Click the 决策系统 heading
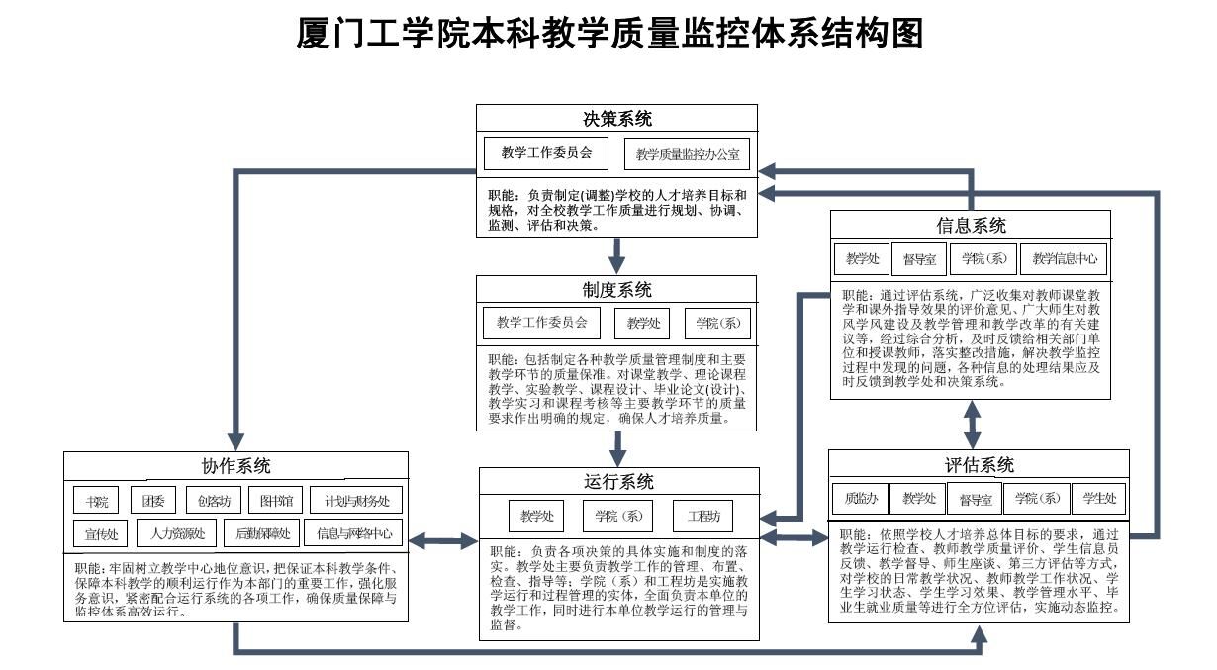click(x=616, y=119)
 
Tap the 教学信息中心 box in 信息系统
click(x=1064, y=259)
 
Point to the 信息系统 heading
click(x=971, y=225)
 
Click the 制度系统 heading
click(x=616, y=290)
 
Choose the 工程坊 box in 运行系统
click(x=703, y=516)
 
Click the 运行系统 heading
click(x=618, y=482)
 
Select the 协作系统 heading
click(x=235, y=466)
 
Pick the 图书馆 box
click(x=270, y=500)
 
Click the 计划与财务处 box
click(x=357, y=500)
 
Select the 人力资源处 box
click(x=178, y=534)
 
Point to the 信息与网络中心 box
click(x=353, y=534)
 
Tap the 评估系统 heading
click(x=979, y=465)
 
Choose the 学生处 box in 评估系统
click(x=1099, y=498)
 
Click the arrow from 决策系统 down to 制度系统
click(x=617, y=255)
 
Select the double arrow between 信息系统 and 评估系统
click(x=973, y=424)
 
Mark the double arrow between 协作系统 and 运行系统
click(x=443, y=540)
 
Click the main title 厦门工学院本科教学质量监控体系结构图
click(x=610, y=34)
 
